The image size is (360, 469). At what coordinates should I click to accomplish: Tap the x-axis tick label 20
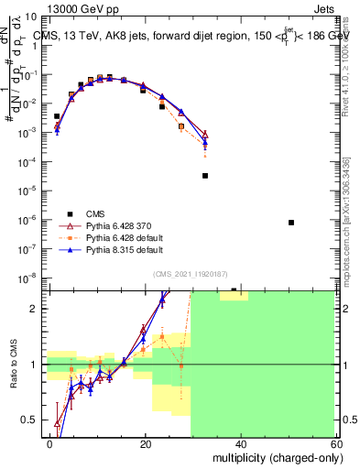146,444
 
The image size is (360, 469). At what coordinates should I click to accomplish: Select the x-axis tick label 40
240,444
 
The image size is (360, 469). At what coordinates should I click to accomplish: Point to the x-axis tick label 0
50,444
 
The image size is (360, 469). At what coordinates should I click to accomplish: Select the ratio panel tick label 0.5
35,420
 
